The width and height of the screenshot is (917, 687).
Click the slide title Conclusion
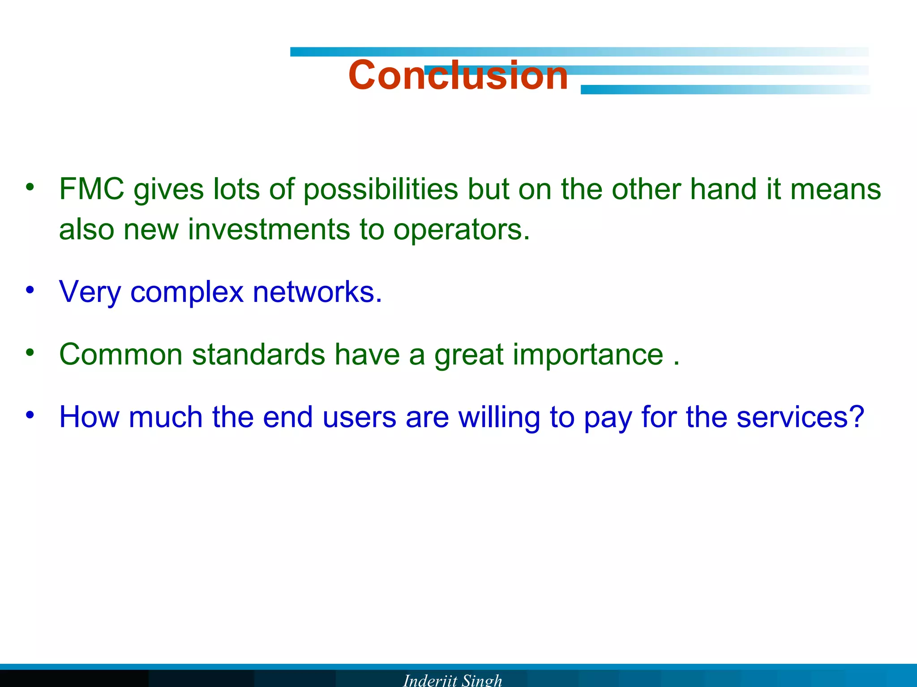click(x=458, y=75)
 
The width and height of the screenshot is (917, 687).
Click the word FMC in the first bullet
click(x=91, y=189)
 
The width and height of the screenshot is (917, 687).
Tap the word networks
click(x=317, y=292)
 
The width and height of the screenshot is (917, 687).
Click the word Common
click(x=121, y=355)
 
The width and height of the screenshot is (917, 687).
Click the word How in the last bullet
click(x=89, y=417)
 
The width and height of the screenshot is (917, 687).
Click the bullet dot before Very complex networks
click(x=30, y=290)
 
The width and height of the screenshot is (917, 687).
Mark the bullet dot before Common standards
click(x=30, y=353)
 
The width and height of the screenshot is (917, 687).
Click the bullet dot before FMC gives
click(x=30, y=187)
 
